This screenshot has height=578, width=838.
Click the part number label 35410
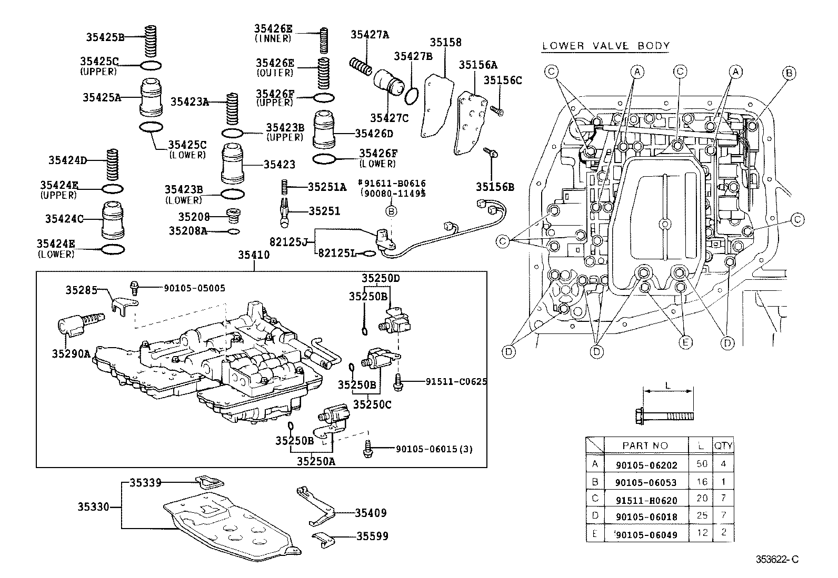click(x=253, y=255)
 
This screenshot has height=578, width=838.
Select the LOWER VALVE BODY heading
click(x=605, y=46)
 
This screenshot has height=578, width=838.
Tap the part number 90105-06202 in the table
click(x=646, y=465)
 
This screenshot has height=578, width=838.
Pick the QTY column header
click(x=723, y=445)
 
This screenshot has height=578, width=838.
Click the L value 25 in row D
click(x=702, y=516)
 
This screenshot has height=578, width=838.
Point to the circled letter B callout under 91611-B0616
click(x=391, y=211)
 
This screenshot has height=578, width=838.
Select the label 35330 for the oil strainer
click(x=93, y=507)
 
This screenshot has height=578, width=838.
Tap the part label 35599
click(x=372, y=536)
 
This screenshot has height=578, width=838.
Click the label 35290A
click(x=71, y=353)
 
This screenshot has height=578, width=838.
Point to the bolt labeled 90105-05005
click(x=134, y=287)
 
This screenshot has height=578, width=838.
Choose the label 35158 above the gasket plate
click(x=445, y=43)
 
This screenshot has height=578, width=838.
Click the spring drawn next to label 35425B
click(x=152, y=37)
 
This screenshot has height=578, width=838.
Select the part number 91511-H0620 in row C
click(x=646, y=500)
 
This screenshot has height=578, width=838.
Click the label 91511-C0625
click(x=456, y=381)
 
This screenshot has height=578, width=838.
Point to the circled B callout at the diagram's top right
click(x=789, y=74)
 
